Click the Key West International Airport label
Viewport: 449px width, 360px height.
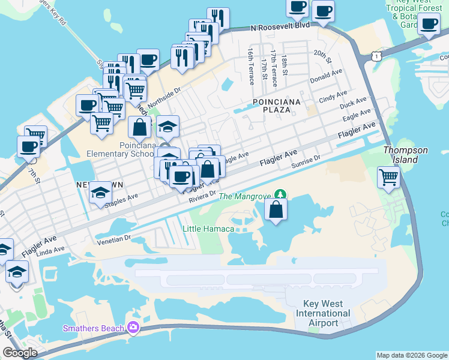pos(323,313)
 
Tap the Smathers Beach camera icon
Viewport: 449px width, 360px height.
pos(133,328)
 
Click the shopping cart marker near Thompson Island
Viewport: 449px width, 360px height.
pos(389,177)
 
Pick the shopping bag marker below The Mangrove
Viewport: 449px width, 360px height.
pos(276,210)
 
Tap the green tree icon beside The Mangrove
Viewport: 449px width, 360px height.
pos(280,195)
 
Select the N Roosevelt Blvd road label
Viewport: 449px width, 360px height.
pos(280,27)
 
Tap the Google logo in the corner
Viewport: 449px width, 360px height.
pos(20,353)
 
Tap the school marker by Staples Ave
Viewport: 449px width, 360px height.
pos(101,193)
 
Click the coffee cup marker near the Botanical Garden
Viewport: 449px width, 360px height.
pos(429,24)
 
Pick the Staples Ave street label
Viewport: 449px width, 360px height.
pos(121,200)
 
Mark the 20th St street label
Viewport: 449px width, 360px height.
pos(322,56)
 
